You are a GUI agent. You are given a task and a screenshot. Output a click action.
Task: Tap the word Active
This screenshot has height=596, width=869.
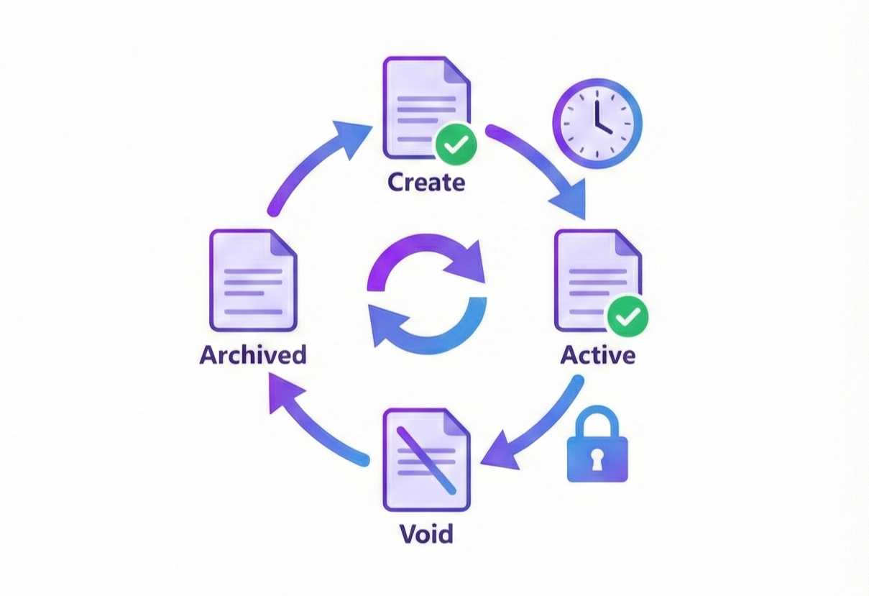(597, 354)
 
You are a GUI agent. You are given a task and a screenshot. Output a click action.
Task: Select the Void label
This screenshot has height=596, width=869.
(426, 533)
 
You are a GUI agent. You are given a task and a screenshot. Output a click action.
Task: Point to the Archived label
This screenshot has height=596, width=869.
(253, 354)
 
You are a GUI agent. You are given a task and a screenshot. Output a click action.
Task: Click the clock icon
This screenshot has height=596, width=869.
(597, 123)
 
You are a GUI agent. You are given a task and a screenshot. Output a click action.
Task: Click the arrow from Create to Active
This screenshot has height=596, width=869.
(543, 165)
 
